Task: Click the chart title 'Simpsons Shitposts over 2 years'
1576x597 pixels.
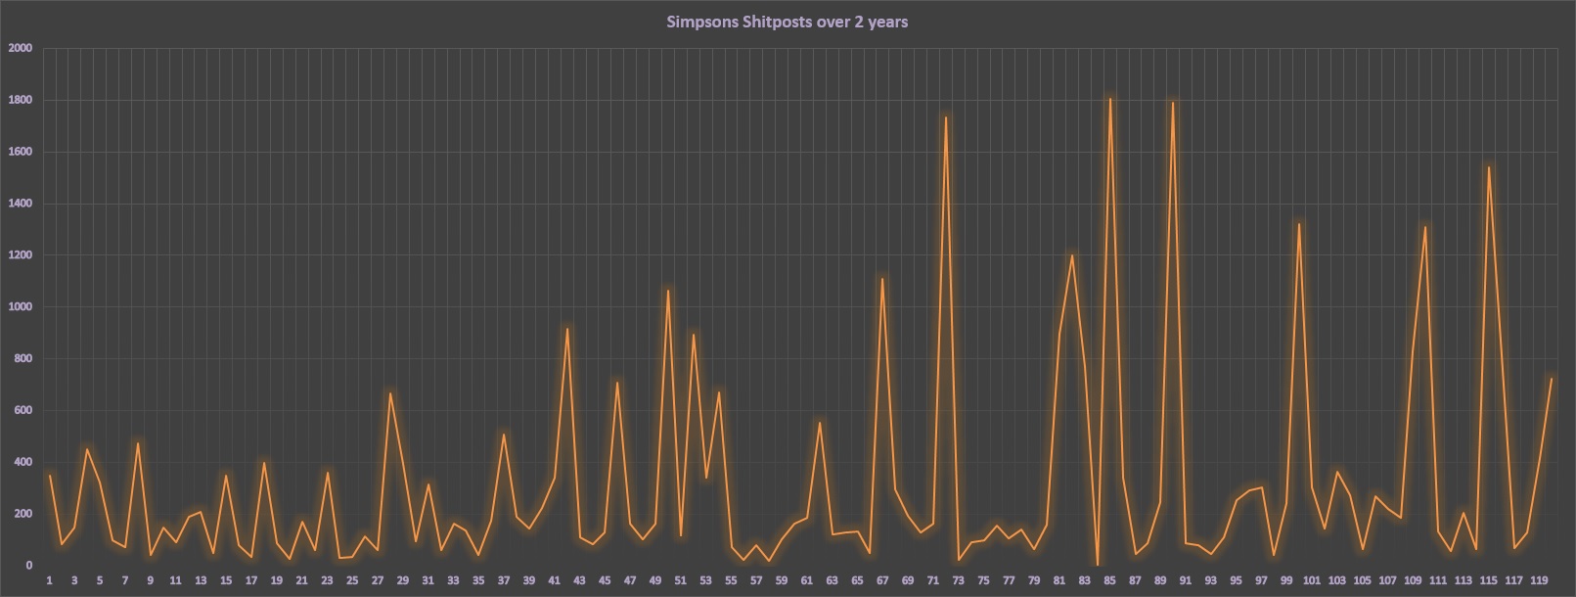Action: click(787, 22)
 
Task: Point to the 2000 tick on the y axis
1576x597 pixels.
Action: click(21, 48)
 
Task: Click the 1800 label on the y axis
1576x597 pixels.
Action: click(21, 100)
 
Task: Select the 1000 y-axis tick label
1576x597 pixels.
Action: click(21, 307)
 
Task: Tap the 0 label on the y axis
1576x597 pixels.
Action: click(29, 566)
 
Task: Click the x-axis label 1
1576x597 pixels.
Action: click(49, 580)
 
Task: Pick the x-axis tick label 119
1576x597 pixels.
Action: click(1538, 580)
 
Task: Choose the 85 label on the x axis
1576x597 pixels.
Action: click(1109, 580)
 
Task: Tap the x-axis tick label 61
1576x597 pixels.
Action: click(806, 580)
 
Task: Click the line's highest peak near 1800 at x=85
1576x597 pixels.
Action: click(1109, 98)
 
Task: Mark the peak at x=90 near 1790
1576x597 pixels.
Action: click(1172, 102)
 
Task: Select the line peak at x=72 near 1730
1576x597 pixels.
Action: click(945, 117)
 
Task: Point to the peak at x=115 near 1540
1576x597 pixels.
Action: click(1488, 166)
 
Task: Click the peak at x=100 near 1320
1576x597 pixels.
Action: click(1299, 224)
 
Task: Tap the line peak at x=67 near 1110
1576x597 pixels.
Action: click(882, 279)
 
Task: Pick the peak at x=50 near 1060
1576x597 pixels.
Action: click(668, 291)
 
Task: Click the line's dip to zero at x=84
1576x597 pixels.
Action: click(1098, 565)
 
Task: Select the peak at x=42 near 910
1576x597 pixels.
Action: click(567, 329)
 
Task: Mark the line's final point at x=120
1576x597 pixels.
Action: click(1552, 379)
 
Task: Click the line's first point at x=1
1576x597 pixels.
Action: click(50, 476)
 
